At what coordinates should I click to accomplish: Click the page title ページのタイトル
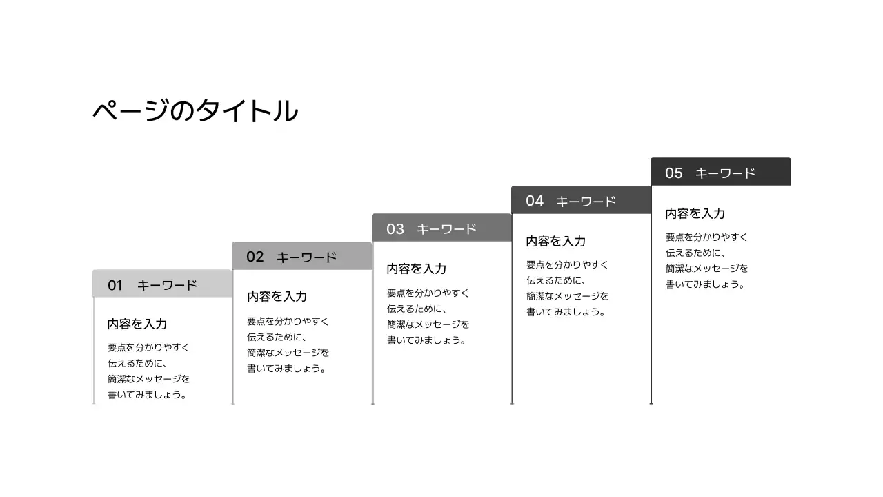point(195,111)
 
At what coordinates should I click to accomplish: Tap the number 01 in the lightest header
point(115,285)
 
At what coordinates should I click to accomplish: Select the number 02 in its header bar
point(255,257)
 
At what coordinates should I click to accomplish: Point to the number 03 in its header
point(395,228)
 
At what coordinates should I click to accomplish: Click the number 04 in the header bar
point(535,201)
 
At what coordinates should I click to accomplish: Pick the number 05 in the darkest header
point(674,173)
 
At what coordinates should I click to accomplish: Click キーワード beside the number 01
point(167,285)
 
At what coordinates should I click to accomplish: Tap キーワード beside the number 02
point(307,257)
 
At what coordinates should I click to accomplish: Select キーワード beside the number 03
point(446,229)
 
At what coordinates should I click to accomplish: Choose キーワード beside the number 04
point(586,202)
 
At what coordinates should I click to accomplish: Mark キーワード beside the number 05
point(725,173)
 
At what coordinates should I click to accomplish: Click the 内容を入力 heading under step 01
point(137,324)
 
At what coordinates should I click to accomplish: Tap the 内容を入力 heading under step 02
point(277,296)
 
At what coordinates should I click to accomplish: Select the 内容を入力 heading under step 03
point(417,269)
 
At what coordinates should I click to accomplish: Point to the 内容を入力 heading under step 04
point(556,241)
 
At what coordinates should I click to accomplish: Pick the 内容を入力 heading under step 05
point(695,213)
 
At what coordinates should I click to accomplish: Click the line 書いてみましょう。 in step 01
point(148,395)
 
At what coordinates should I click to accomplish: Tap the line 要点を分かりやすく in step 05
point(707,237)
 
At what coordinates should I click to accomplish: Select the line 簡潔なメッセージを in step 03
point(428,324)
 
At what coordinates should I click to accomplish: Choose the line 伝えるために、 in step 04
point(556,280)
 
